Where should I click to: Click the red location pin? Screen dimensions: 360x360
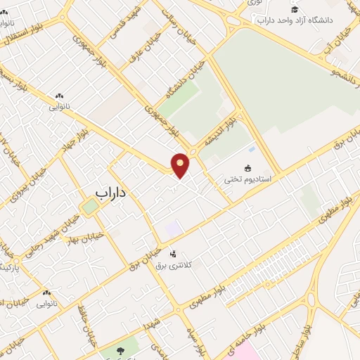pyautogui.click(x=181, y=165)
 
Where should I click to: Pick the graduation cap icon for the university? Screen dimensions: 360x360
pyautogui.click(x=294, y=8)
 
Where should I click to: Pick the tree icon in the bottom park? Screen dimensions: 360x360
pyautogui.click(x=116, y=349)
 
